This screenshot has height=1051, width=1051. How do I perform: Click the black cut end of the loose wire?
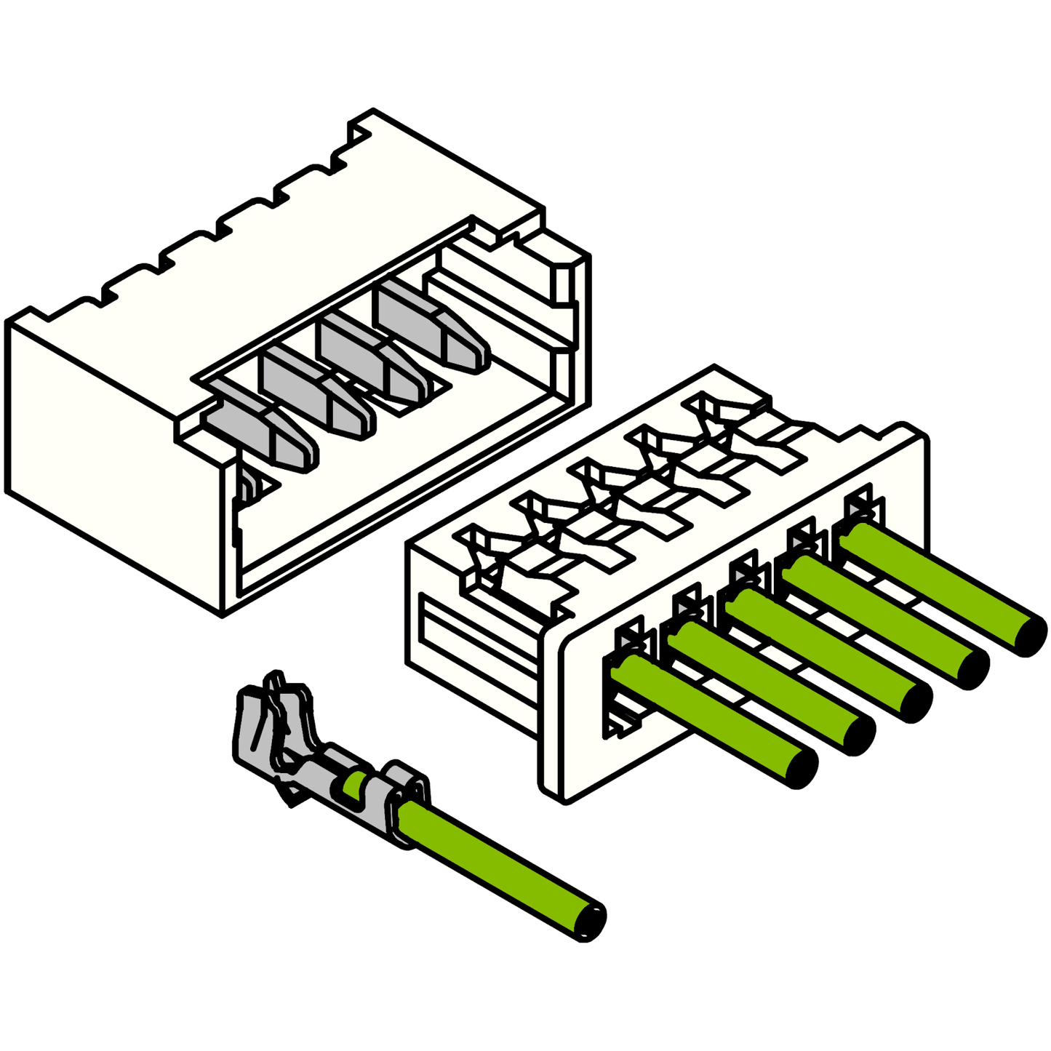(591, 922)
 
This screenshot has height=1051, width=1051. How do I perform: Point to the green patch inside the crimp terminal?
(354, 786)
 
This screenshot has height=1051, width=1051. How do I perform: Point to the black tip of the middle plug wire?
(916, 702)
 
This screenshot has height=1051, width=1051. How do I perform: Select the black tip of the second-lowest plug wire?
(859, 735)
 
